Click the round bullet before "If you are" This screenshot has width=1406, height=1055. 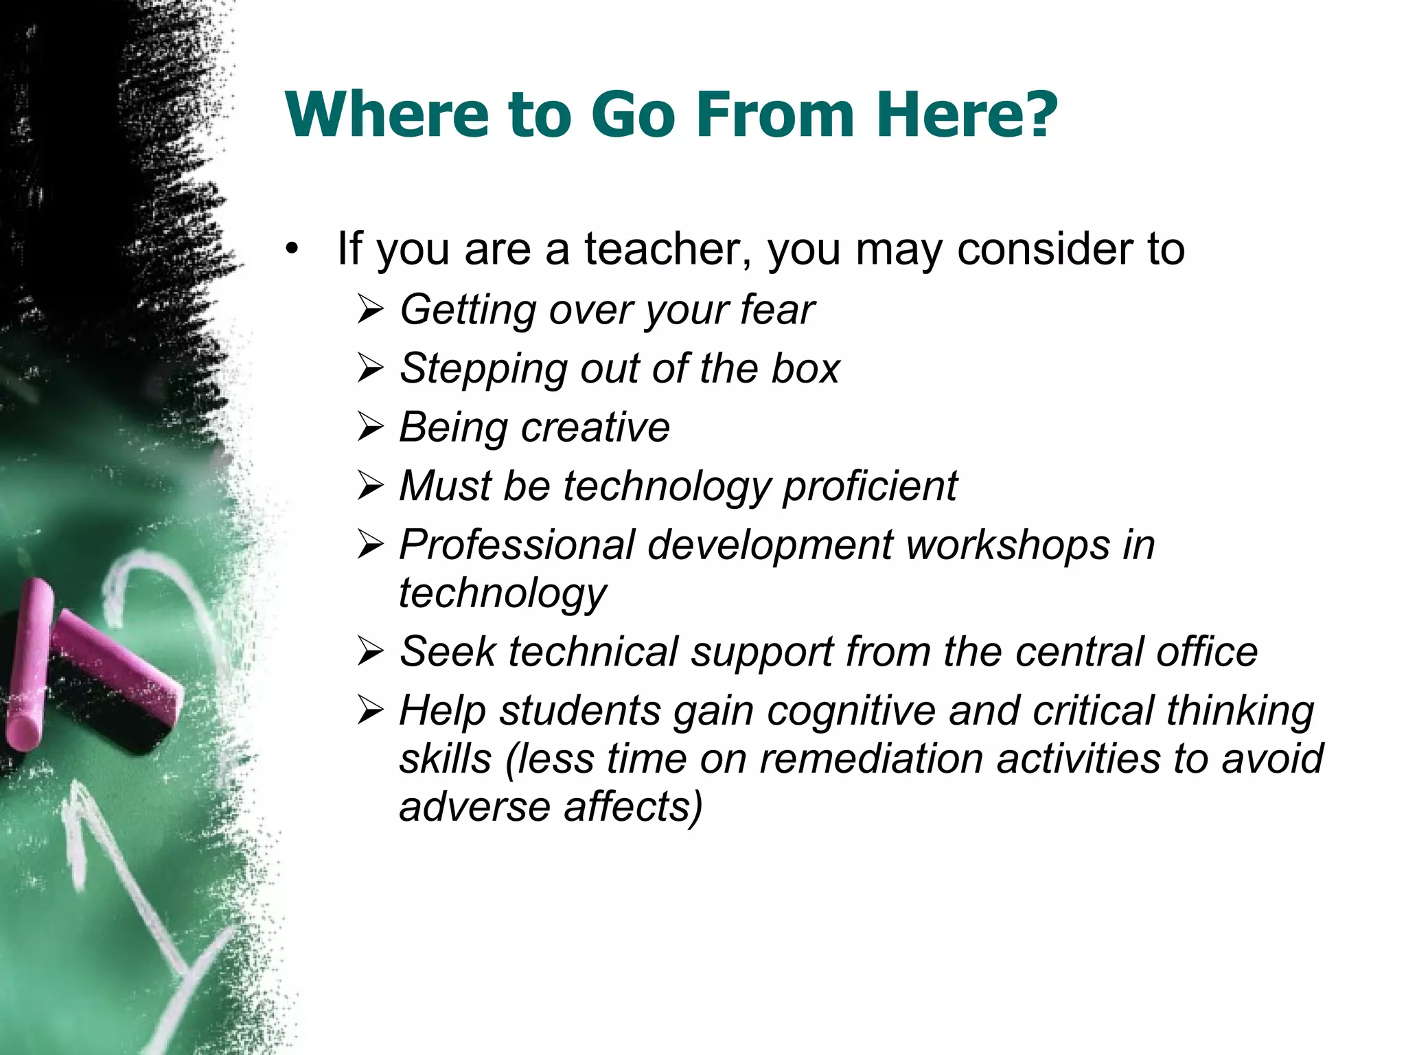tap(293, 249)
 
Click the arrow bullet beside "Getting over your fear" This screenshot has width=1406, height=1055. tap(370, 310)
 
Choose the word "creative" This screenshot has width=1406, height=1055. tap(595, 427)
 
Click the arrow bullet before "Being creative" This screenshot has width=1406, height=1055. tap(370, 428)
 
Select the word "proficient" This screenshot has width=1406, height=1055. tap(870, 486)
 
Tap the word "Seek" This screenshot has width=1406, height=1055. tap(447, 651)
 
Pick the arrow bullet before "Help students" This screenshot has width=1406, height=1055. tap(370, 711)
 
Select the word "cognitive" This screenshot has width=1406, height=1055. tap(851, 711)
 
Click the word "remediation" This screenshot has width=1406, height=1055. tap(871, 759)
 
